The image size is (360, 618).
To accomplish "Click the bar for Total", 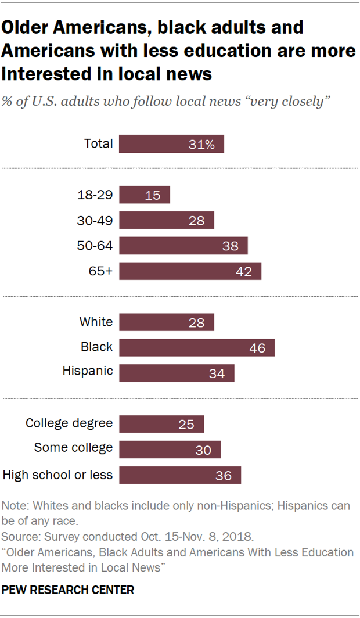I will coord(171,144).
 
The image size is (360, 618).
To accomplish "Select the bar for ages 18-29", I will coord(145,195).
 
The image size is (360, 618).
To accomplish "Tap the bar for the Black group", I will coord(197,347).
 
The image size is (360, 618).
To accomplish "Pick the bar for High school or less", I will coord(180,475).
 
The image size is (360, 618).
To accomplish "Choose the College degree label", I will coord(69,423).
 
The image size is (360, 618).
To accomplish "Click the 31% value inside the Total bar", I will coord(201,145).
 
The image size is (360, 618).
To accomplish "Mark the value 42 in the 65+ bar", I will coord(244,272).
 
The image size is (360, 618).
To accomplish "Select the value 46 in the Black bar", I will coord(257,348).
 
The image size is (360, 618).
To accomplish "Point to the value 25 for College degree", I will coord(186,425).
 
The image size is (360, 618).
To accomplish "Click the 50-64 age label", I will coord(95,246).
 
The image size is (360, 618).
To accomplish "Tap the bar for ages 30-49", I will coord(167,221).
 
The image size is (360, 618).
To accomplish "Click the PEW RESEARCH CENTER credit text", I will coord(69,590).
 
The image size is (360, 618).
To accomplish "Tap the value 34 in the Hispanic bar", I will coord(217,373).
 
